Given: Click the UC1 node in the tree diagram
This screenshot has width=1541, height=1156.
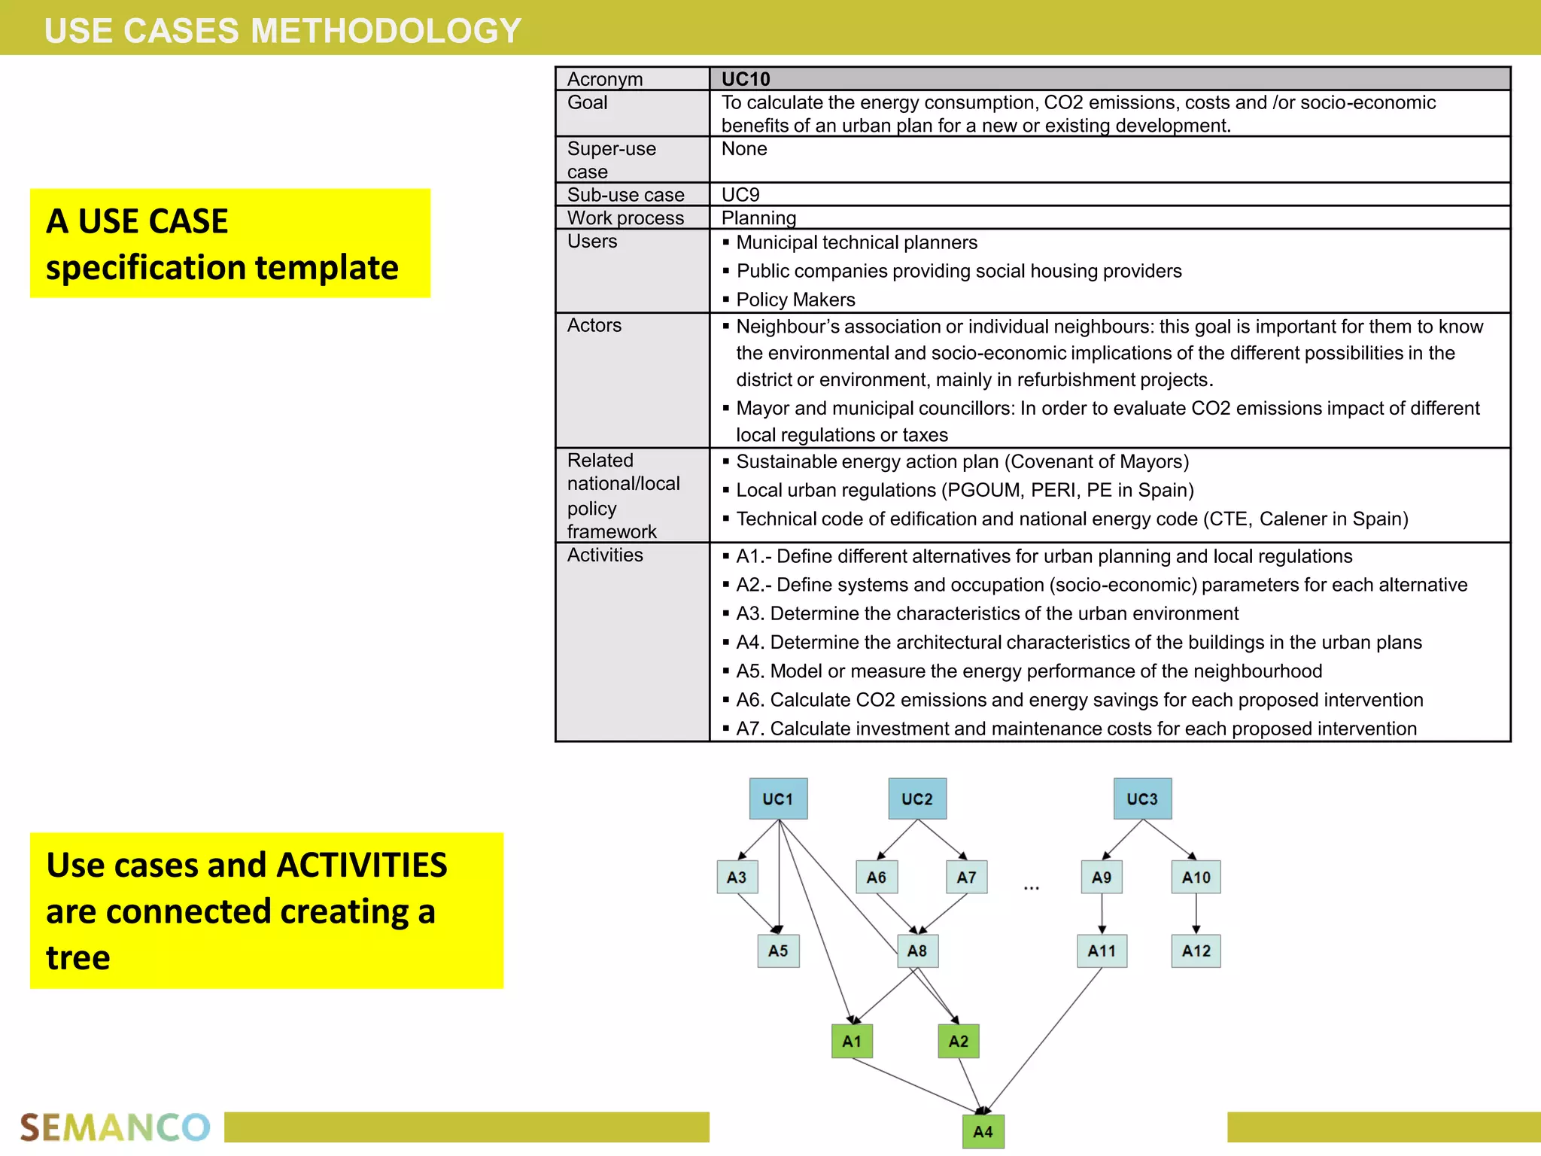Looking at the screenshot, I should [x=778, y=799].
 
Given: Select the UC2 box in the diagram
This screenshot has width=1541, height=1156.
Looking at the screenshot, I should [x=916, y=799].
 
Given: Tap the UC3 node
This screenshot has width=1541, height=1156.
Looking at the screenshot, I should [x=1142, y=799].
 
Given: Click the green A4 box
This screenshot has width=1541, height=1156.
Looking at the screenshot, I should [x=983, y=1131].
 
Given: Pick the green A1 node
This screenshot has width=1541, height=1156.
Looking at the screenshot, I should [x=852, y=1041].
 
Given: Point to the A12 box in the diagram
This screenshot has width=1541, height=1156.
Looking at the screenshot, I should [x=1196, y=951].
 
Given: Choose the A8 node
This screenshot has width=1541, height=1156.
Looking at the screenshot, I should [x=917, y=951].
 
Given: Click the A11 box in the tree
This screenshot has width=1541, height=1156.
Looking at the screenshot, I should [x=1102, y=951].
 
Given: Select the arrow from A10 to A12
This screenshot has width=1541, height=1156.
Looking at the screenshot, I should [x=1196, y=914].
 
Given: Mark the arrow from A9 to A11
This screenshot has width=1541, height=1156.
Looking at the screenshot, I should [x=1102, y=914].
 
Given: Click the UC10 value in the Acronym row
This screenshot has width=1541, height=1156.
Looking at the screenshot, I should [x=746, y=79].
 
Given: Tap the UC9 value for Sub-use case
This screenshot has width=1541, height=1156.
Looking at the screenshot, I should [x=740, y=195].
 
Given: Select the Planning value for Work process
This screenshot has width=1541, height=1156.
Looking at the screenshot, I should [x=758, y=218].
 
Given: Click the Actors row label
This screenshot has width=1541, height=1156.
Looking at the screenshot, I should [x=594, y=325].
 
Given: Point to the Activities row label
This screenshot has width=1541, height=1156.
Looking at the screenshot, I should [x=605, y=555].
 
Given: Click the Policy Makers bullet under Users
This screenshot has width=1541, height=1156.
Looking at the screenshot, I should [x=795, y=300].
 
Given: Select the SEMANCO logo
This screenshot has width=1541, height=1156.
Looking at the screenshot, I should [x=114, y=1127].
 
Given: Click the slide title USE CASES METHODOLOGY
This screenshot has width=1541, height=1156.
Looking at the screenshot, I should [x=282, y=30].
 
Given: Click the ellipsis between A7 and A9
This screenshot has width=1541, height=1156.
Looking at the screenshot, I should [x=1032, y=888].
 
